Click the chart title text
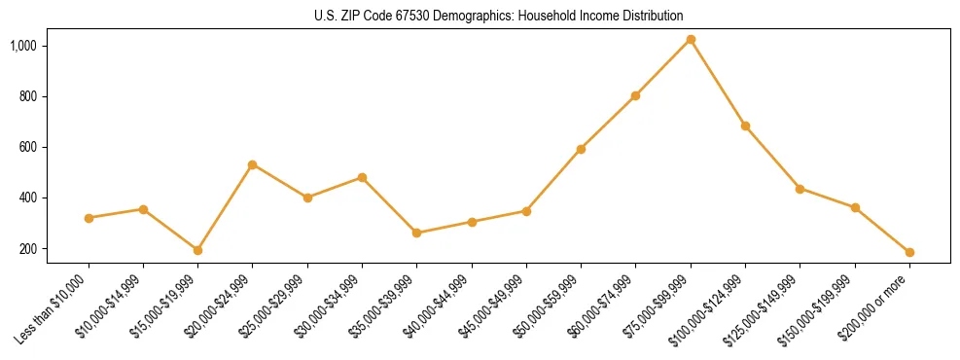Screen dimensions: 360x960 click(x=498, y=16)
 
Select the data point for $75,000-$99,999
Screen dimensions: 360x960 click(x=691, y=39)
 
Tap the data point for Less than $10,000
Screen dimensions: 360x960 click(x=89, y=218)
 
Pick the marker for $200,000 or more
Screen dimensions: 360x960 click(x=909, y=252)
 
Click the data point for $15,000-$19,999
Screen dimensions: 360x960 click(x=197, y=250)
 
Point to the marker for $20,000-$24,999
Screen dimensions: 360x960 click(x=253, y=164)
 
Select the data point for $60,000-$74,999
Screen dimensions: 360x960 click(x=635, y=95)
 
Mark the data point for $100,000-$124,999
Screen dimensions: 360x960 click(x=745, y=126)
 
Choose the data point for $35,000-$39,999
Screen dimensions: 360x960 click(x=416, y=233)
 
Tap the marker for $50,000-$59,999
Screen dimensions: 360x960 click(x=581, y=149)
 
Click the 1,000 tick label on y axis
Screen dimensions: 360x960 click(x=51, y=46)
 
